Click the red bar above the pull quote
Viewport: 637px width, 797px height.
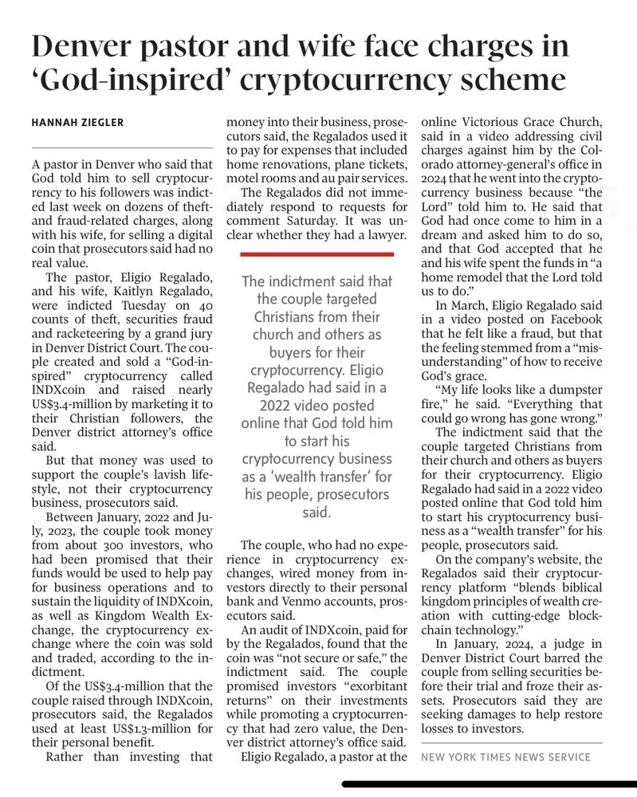coord(317,253)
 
